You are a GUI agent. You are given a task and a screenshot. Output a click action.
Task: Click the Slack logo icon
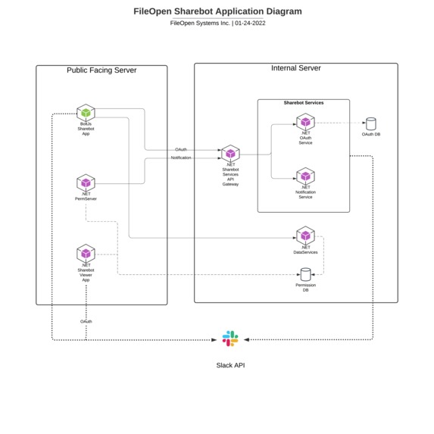point(230,339)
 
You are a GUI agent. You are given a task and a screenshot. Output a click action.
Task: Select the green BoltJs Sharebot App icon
point(86,113)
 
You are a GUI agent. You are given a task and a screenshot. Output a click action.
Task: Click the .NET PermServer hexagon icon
point(86,183)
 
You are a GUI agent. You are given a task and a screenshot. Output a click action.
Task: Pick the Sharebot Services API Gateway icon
point(230,154)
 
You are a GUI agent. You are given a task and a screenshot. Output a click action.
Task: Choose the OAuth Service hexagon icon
point(305,122)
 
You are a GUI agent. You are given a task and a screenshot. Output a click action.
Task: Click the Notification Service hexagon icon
point(305,176)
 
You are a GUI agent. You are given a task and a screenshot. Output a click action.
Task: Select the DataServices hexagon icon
point(305,236)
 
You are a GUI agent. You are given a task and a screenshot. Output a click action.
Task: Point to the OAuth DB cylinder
point(371,123)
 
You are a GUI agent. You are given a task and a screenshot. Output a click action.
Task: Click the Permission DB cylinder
point(306,274)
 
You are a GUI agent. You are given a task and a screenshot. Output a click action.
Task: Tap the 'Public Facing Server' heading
point(101,70)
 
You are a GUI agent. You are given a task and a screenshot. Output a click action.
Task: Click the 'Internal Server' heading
point(296,68)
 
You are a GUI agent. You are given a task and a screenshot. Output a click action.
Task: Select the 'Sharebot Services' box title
point(304,103)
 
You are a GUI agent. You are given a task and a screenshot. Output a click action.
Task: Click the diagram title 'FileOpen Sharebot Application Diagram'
point(217,11)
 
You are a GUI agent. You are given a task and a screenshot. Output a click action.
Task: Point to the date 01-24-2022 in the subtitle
point(250,23)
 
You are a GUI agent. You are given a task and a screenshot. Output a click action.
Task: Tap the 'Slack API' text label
point(230,365)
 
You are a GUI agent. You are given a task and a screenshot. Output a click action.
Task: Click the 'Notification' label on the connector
point(181,158)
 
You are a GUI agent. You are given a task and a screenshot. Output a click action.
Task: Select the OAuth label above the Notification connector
point(181,149)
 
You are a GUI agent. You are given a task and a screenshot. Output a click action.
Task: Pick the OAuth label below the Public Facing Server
point(86,322)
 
